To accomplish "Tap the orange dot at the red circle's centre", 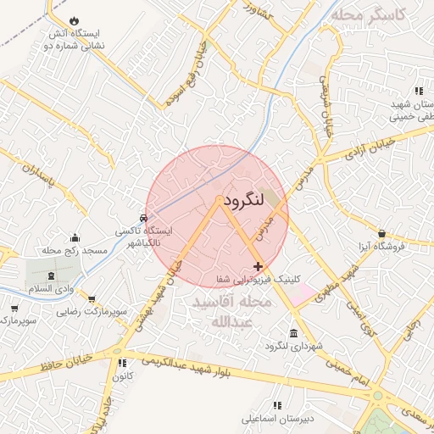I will coord(219,200).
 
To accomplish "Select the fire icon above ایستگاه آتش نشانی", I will coord(75,19).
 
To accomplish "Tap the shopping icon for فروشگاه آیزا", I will coord(382,233).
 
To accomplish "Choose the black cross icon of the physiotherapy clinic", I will coord(258,266).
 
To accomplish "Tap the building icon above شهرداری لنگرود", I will coord(293,332).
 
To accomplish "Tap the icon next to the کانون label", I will coord(122,364).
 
